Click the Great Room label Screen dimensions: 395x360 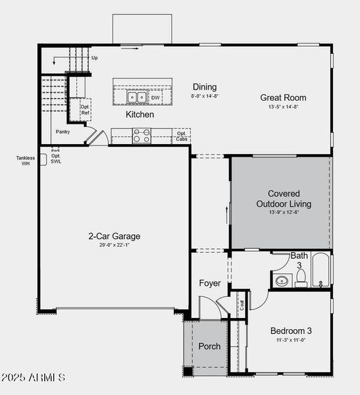(x=283, y=97)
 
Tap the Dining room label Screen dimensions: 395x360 (x=204, y=87)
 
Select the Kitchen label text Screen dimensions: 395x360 (x=140, y=115)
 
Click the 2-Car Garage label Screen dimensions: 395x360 (x=114, y=236)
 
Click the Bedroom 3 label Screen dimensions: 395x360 (x=291, y=330)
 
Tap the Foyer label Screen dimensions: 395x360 (x=210, y=283)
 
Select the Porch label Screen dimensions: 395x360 (x=209, y=346)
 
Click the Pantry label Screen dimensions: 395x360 (x=63, y=132)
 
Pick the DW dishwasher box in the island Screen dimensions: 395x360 (x=155, y=98)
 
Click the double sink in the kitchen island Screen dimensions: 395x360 (x=137, y=97)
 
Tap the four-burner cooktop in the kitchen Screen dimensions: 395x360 (x=141, y=136)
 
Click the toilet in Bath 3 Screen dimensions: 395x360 (x=301, y=281)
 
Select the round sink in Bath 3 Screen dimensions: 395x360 (x=282, y=281)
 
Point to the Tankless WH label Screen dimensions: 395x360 (x=26, y=160)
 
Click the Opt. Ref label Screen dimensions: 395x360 (x=84, y=109)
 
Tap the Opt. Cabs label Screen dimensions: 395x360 (x=181, y=136)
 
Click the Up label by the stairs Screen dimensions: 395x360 (x=95, y=58)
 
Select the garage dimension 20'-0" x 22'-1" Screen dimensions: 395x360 (x=114, y=245)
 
